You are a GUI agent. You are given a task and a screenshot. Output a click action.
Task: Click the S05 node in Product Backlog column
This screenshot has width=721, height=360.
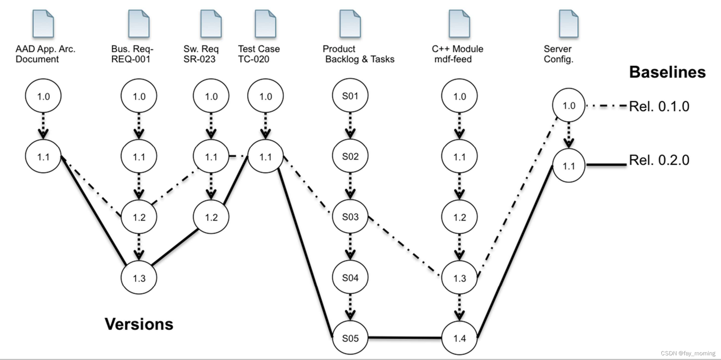[x=350, y=338]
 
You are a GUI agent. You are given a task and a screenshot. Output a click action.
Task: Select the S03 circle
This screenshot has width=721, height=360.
[x=350, y=217]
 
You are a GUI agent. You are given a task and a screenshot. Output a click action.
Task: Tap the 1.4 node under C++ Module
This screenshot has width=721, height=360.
[x=459, y=338]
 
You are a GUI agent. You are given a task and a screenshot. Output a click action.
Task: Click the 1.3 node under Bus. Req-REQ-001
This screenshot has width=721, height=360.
[x=139, y=278]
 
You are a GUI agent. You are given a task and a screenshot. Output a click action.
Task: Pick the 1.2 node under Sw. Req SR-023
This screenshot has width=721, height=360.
[x=211, y=217]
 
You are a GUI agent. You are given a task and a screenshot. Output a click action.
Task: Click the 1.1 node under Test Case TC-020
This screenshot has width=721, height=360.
[x=265, y=157]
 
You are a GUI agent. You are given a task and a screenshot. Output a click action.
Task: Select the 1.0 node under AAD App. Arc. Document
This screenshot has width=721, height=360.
[x=43, y=96]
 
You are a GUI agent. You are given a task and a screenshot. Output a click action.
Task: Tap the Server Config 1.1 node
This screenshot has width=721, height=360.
[x=569, y=166]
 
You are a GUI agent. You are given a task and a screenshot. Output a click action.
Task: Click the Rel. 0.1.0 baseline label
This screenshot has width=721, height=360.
[x=659, y=106]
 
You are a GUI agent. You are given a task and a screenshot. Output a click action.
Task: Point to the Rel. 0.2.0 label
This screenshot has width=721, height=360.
[x=659, y=160]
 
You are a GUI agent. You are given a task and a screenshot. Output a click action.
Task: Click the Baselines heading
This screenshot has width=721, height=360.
[x=667, y=72]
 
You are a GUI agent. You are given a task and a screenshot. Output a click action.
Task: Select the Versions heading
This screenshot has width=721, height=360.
[x=139, y=324]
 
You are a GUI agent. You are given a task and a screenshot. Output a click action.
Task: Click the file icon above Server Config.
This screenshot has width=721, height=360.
[x=569, y=24]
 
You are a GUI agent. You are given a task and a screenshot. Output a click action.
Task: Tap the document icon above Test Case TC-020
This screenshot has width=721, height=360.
[x=265, y=24]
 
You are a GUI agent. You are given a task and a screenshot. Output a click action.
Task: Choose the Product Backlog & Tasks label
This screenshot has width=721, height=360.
[x=359, y=54]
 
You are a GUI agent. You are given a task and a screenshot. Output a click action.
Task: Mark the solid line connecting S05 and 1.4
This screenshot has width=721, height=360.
[x=405, y=338]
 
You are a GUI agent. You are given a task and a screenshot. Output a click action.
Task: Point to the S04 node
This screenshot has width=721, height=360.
[x=350, y=278]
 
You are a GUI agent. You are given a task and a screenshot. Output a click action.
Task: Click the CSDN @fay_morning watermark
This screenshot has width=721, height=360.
[x=688, y=353]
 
